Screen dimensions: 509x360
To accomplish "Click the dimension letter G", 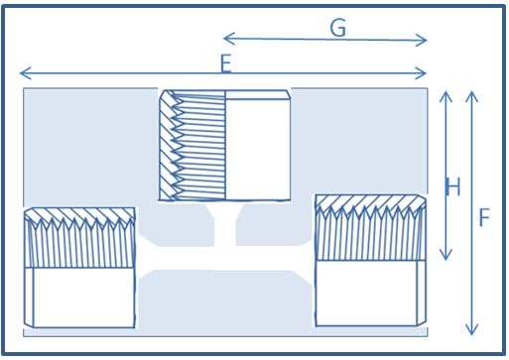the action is pyautogui.click(x=338, y=28).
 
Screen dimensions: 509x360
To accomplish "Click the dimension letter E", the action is pyautogui.click(x=226, y=63).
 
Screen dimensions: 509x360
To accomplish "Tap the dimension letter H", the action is pyautogui.click(x=453, y=186).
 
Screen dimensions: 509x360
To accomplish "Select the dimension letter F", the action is pyautogui.click(x=484, y=217).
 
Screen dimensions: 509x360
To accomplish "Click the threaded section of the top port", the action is pyautogui.click(x=192, y=145).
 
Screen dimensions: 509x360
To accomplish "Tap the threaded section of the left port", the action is pyautogui.click(x=79, y=237).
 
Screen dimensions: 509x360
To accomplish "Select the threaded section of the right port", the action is pyautogui.click(x=370, y=227).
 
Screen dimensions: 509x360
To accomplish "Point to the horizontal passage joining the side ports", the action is pyautogui.click(x=225, y=258).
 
